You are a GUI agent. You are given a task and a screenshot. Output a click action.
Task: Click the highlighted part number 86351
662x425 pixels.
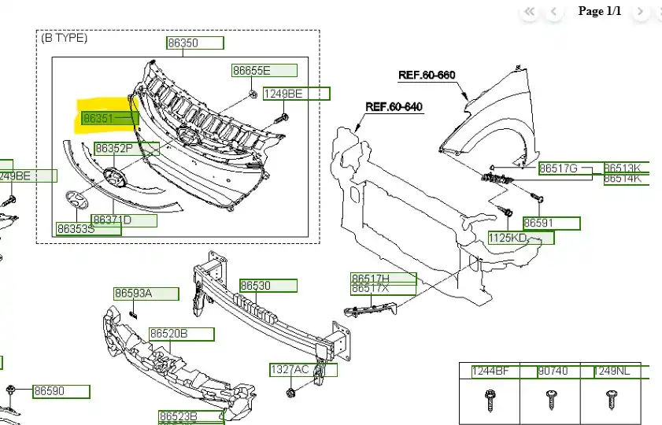(x=99, y=119)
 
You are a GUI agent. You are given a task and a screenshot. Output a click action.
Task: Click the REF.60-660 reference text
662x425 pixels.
(x=427, y=76)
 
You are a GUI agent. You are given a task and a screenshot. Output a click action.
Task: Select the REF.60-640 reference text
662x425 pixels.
(x=394, y=106)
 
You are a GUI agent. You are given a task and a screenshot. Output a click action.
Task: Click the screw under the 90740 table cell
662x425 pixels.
(x=550, y=401)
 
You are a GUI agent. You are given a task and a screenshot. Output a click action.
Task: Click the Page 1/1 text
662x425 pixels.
(x=599, y=11)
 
